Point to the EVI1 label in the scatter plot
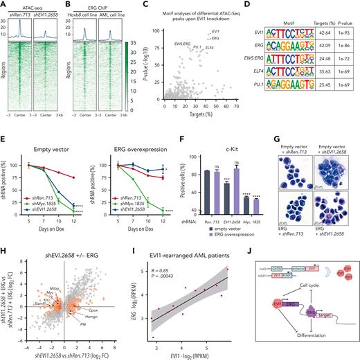coord(216,30)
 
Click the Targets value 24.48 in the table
coord(321,60)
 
